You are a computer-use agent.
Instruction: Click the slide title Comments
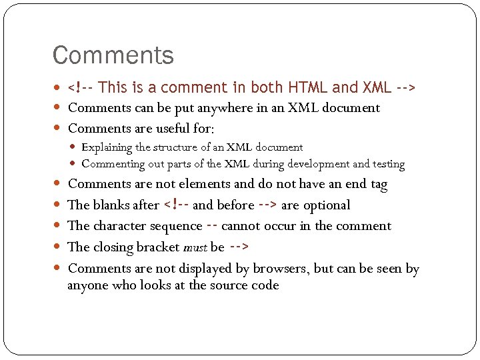point(113,55)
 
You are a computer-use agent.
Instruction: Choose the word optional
point(326,205)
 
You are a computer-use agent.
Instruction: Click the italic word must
point(195,248)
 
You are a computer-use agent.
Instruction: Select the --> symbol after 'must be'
point(239,247)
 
